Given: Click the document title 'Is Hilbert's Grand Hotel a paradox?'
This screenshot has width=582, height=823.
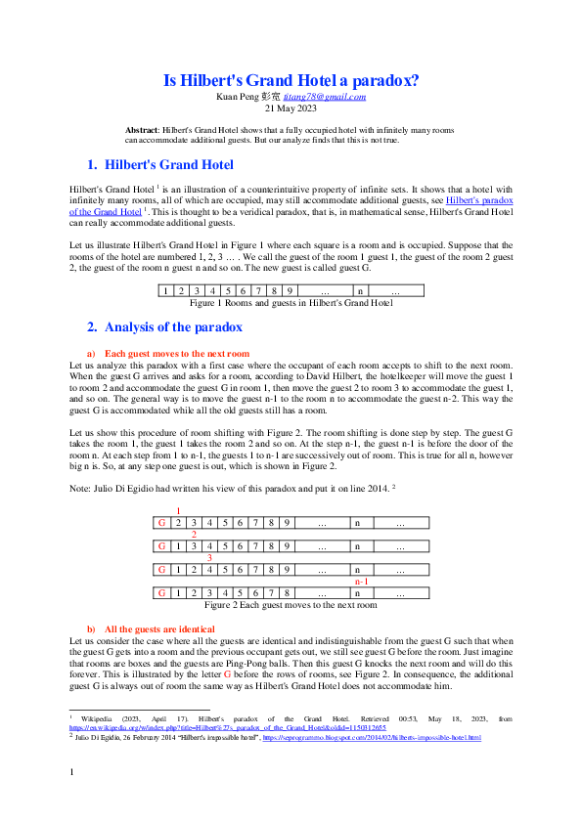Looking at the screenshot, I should click(291, 81).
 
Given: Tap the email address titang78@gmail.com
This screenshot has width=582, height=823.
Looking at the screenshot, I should click(332, 97).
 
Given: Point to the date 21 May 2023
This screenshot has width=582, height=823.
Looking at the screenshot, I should click(291, 108).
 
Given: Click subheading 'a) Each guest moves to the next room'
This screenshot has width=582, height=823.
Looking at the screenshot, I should click(176, 352).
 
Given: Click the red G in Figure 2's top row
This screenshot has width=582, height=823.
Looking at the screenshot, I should click(161, 523).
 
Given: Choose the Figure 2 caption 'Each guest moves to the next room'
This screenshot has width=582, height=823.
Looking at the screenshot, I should click(291, 605).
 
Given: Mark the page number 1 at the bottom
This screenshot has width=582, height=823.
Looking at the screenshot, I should click(71, 801).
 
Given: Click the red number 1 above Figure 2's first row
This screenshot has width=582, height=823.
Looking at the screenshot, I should click(178, 511).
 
